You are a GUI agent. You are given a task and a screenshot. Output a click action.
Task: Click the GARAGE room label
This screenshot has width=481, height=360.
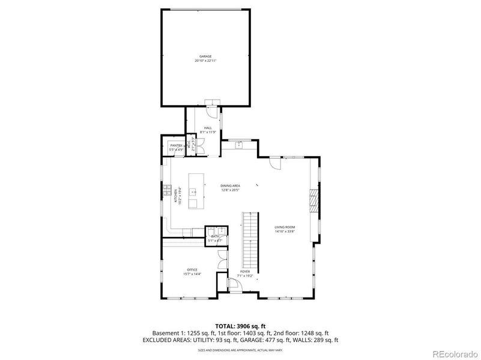(x=205, y=56)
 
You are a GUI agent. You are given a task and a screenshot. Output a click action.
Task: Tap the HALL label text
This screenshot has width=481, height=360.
(x=208, y=128)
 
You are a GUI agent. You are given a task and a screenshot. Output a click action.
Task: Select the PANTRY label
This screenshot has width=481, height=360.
(x=176, y=145)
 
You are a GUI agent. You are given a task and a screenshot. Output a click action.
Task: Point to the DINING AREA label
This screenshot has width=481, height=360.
(x=230, y=186)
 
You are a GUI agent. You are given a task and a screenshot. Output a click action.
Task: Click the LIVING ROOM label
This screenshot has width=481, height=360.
(x=284, y=227)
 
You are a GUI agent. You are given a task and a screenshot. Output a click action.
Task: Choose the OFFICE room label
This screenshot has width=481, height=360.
(x=192, y=270)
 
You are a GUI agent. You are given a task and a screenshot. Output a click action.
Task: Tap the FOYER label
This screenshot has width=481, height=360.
(x=245, y=271)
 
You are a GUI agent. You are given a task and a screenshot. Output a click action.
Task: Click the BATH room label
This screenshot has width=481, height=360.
(x=214, y=236)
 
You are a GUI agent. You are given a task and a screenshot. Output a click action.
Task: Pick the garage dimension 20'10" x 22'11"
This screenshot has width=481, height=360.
(x=205, y=61)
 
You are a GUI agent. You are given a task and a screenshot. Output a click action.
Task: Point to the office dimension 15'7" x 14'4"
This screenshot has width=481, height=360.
(x=192, y=274)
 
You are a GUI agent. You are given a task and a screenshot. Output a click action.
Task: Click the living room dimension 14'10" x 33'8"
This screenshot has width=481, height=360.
(x=284, y=231)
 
